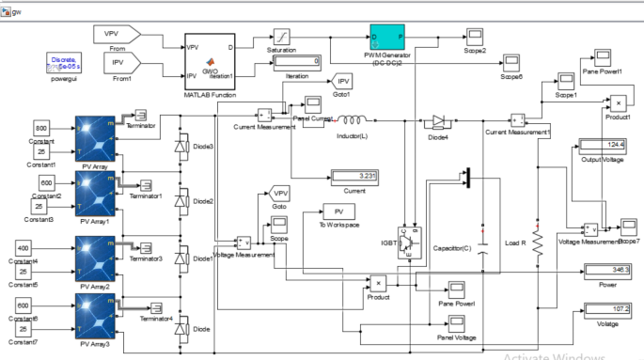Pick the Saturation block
pyautogui.click(x=283, y=37)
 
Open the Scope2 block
pyautogui.click(x=474, y=37)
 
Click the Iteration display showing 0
pyautogui.click(x=298, y=61)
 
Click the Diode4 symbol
pyautogui.click(x=440, y=121)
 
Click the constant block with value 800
pyautogui.click(x=41, y=127)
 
